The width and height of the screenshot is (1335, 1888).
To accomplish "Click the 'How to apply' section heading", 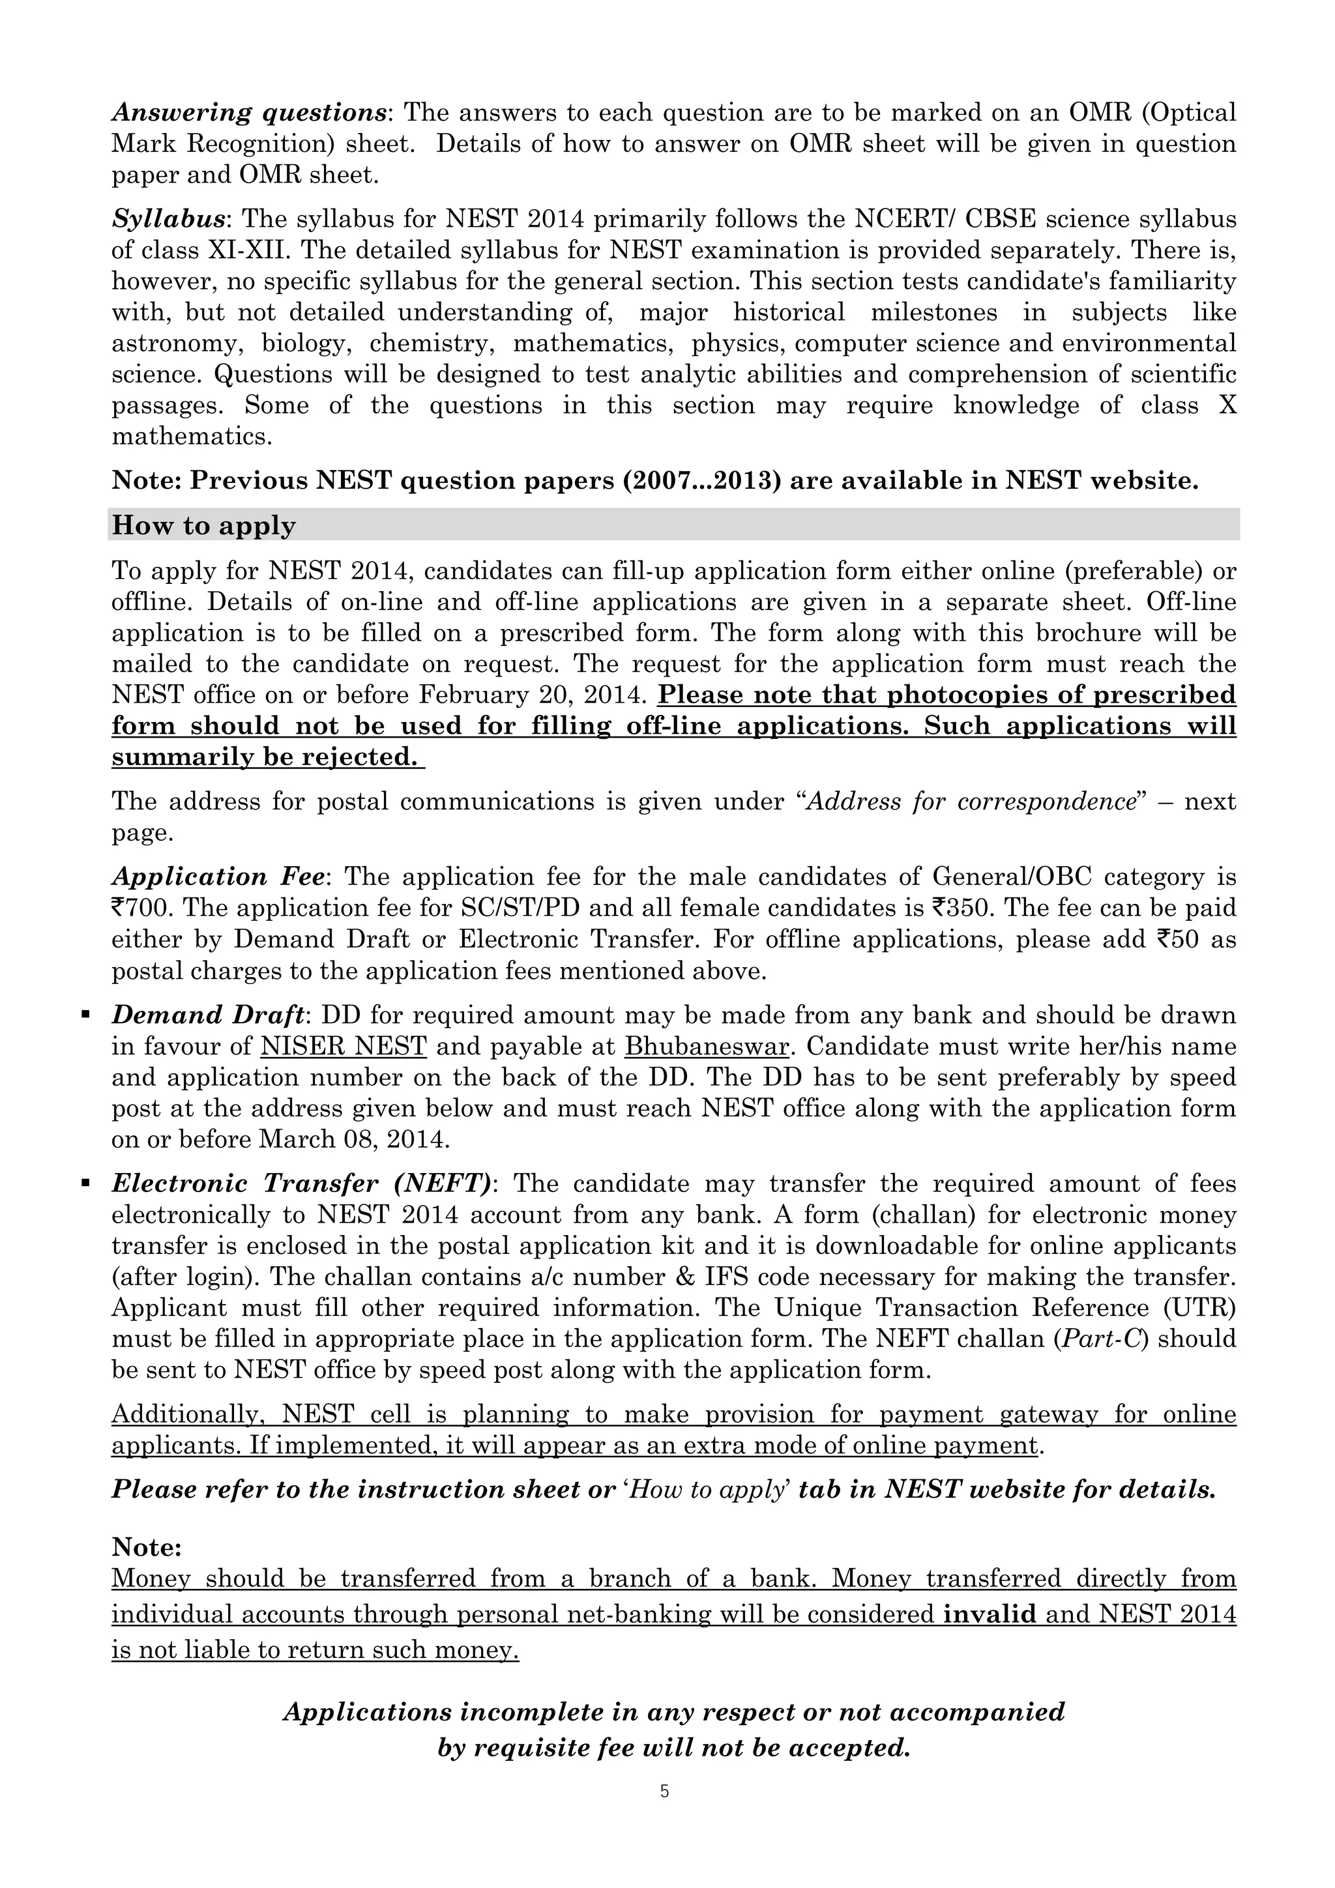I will pos(203,525).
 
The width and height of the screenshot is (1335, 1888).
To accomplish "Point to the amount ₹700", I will pos(136,908).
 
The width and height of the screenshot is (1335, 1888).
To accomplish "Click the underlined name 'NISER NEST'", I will pos(343,1047).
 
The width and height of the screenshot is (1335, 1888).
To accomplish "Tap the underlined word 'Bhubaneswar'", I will pos(707,1047).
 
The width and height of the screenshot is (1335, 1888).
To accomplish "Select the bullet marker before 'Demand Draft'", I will pos(85,1015).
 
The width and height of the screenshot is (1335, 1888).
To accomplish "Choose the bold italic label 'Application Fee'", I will pos(217,877).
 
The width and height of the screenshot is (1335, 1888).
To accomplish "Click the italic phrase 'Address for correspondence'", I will pos(971,801).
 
